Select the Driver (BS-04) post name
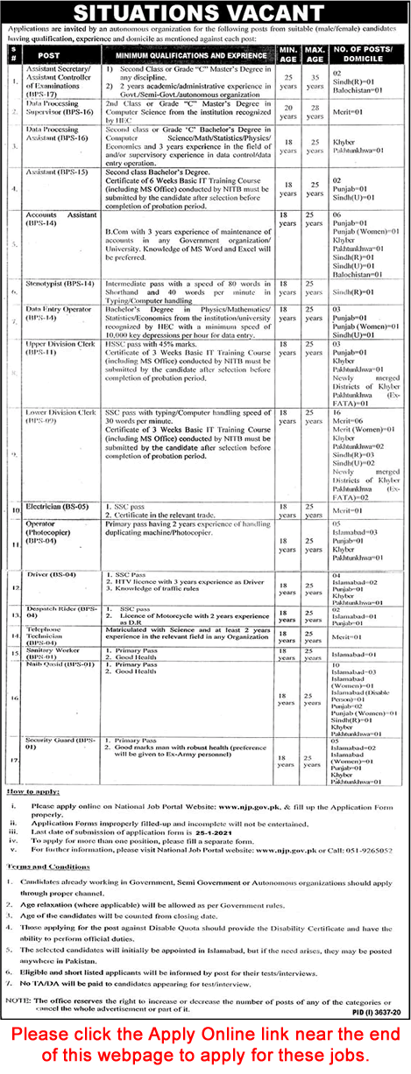pyautogui.click(x=52, y=573)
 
